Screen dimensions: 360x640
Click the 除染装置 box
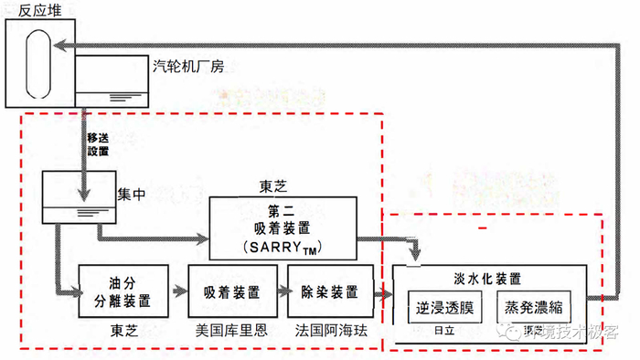[x=329, y=291]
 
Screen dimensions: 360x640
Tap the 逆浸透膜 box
[x=442, y=306]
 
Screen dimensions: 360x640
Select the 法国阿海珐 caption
[x=330, y=330]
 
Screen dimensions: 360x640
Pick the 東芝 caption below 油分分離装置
[x=124, y=330]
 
